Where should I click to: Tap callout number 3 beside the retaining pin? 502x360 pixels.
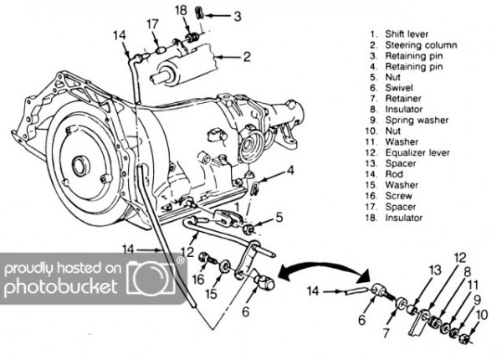(x=238, y=15)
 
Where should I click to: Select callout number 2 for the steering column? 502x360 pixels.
(x=247, y=58)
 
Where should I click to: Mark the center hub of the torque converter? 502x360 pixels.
(x=81, y=165)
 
